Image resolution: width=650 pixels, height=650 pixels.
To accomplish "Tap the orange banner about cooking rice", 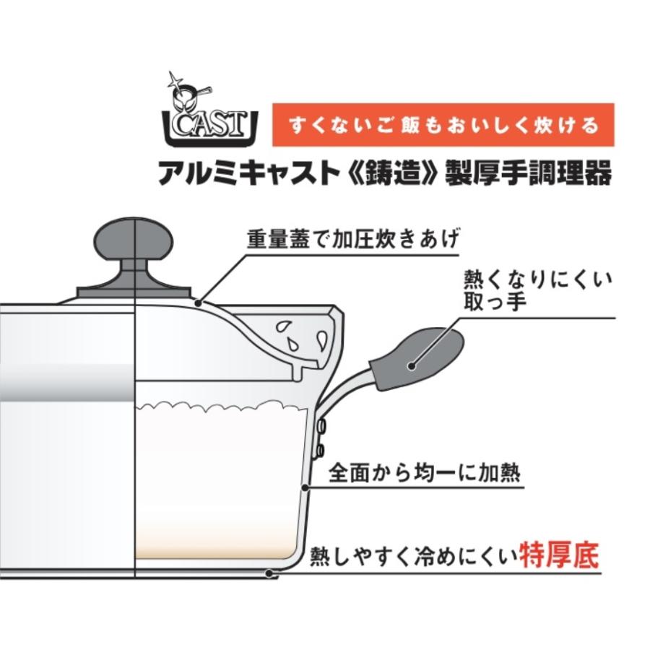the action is pyautogui.click(x=443, y=125).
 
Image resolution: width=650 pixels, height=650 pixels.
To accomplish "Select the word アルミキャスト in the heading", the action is pyautogui.click(x=247, y=173).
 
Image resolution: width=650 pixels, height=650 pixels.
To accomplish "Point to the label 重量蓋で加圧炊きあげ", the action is pyautogui.click(x=352, y=239).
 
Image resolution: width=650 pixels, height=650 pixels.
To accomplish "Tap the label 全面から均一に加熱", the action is pyautogui.click(x=424, y=472).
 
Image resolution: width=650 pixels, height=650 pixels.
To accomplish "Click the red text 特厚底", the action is pyautogui.click(x=559, y=555).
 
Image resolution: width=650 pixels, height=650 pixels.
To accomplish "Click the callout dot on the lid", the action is pyautogui.click(x=198, y=303).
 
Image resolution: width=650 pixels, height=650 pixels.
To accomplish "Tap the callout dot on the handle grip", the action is pyautogui.click(x=411, y=365).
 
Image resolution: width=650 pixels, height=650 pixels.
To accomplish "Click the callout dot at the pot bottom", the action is pyautogui.click(x=269, y=573).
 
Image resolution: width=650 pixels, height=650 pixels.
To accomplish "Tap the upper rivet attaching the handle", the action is pyautogui.click(x=321, y=425).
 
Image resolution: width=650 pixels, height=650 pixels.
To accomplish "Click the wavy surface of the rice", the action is pyautogui.click(x=222, y=405).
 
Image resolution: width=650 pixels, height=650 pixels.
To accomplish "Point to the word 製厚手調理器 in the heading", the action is pyautogui.click(x=529, y=173).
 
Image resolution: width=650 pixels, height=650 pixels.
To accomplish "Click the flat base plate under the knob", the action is pyautogui.click(x=134, y=292).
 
